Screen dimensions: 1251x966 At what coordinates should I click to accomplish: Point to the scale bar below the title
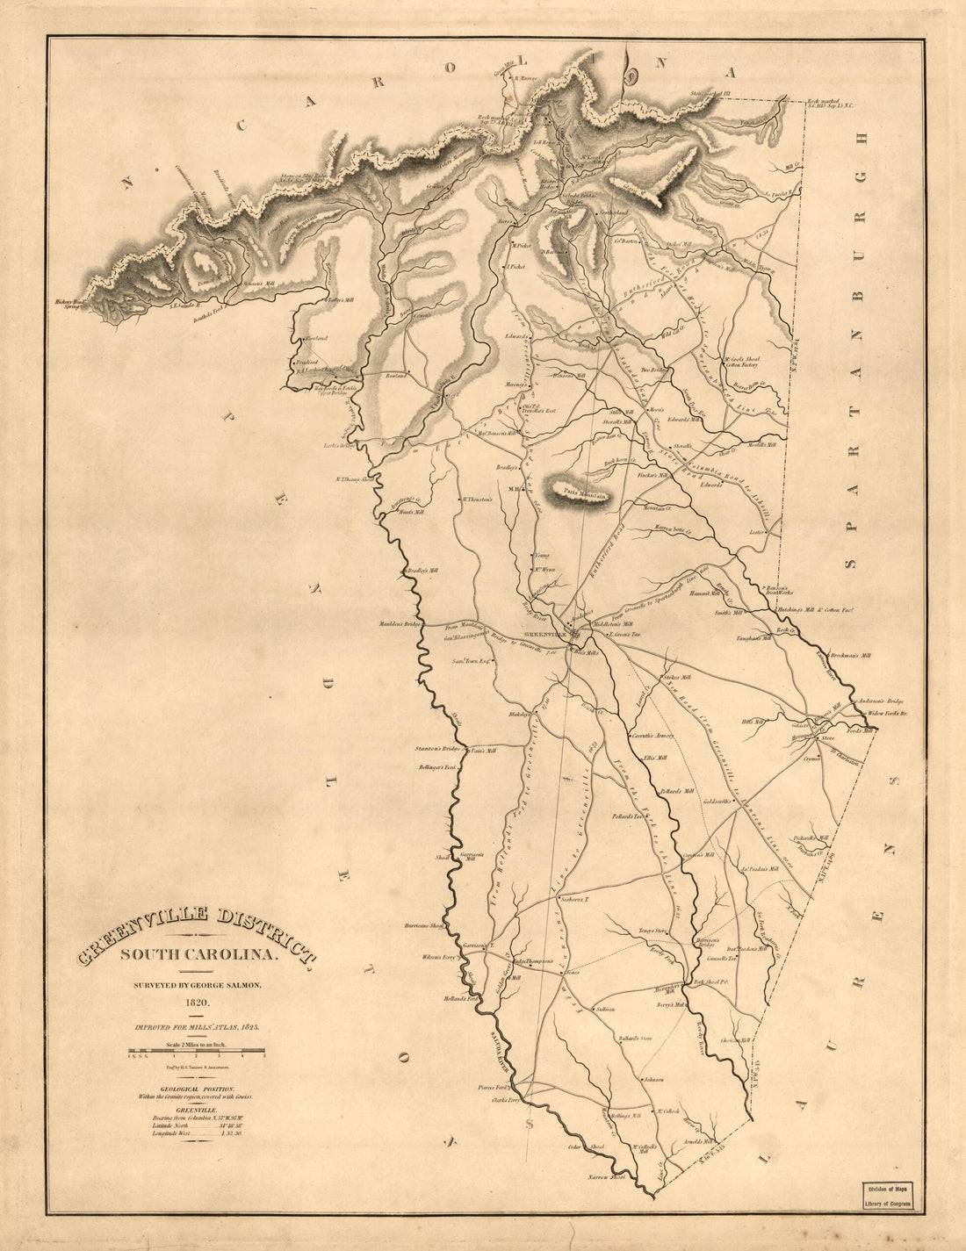coord(197,1051)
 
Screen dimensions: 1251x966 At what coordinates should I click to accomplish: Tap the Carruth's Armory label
coord(652,736)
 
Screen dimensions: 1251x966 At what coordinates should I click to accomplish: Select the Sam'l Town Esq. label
coord(470,661)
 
